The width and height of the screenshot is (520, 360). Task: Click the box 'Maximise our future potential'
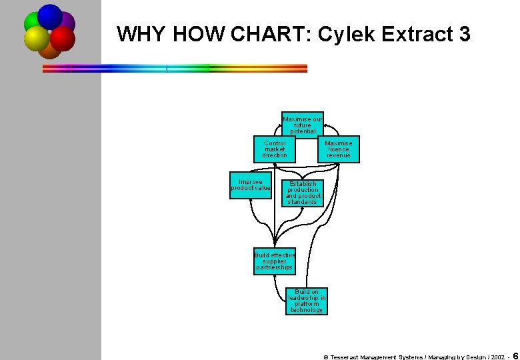[x=302, y=125]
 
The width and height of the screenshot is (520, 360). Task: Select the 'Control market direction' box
[x=275, y=149]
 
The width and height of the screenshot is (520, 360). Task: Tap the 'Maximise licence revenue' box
[x=338, y=149]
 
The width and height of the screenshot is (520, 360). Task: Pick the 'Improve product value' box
[x=251, y=185]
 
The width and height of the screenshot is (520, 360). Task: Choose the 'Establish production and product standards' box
[x=303, y=193]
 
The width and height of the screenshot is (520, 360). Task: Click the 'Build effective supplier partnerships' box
[x=274, y=261]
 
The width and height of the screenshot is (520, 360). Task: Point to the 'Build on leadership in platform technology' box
[x=307, y=301]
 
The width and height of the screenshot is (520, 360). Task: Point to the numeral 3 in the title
[x=465, y=35]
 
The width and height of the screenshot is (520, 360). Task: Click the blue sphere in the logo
[x=50, y=16]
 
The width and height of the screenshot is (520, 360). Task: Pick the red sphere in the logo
[x=63, y=39]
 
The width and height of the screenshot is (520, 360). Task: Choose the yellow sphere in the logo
[x=37, y=39]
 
